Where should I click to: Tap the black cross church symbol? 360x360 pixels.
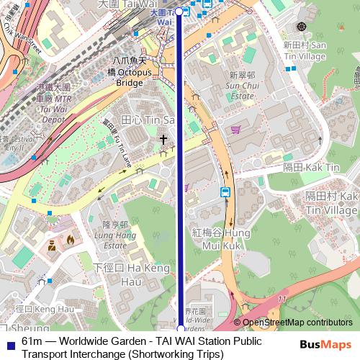pos(163,139)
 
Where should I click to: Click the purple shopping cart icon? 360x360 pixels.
pos(235,130)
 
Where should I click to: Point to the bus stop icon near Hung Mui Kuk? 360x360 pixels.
pos(225,192)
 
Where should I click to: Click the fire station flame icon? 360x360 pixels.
pos(70,240)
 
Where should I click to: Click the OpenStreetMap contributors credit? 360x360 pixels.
pos(297,323)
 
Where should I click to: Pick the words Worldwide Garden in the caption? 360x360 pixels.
pos(104,341)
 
